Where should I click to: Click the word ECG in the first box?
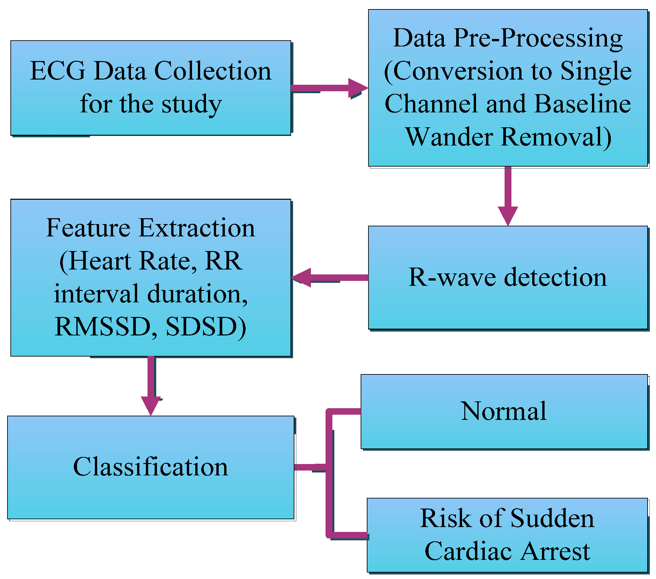58,71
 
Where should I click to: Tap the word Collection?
212,71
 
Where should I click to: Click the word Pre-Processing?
538,38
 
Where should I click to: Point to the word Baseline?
582,104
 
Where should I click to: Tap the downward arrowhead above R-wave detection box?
508,215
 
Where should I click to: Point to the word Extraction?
197,228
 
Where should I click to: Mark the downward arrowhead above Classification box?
151,405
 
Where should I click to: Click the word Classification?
151,467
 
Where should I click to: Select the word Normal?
504,411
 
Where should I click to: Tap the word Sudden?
552,518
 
